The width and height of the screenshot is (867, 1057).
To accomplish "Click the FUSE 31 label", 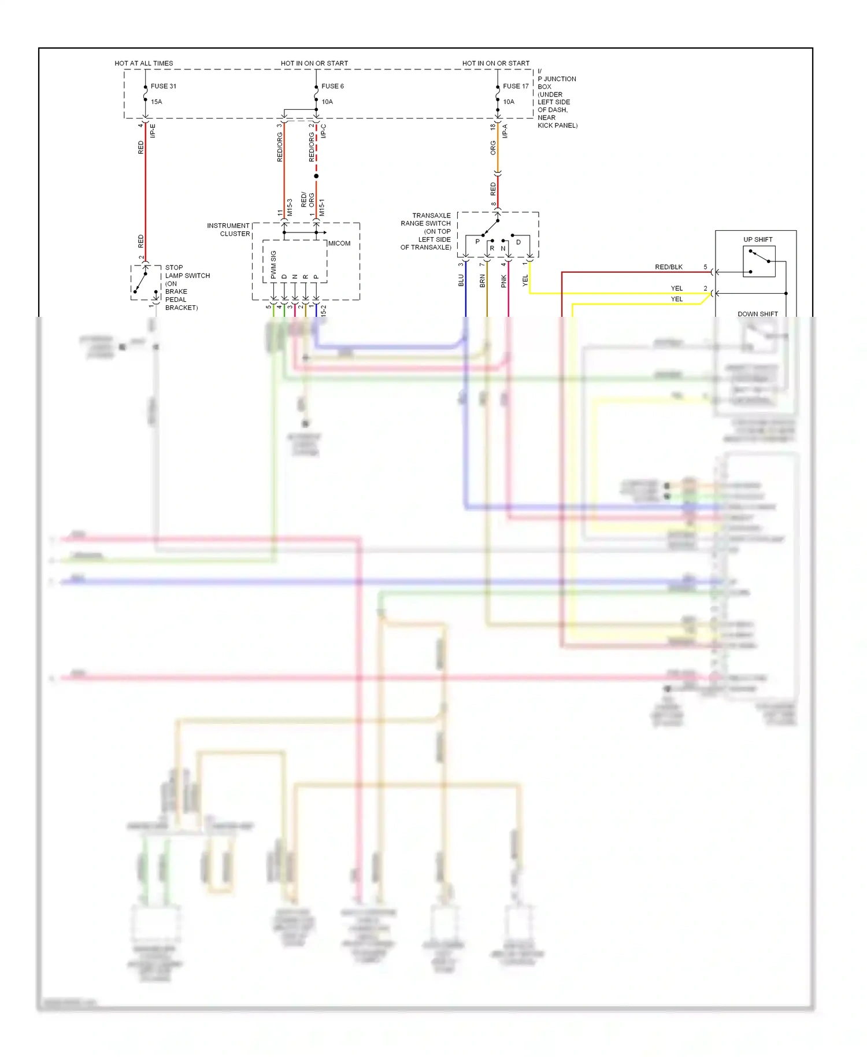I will point(164,86).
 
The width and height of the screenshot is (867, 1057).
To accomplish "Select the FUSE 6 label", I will point(332,86).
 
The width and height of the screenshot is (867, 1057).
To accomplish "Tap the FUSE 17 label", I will point(516,86).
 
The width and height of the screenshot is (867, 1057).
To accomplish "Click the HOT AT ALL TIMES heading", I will point(144,63).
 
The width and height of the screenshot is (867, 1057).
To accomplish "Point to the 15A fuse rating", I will point(157,102).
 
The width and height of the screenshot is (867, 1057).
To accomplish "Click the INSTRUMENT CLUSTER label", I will point(229,230).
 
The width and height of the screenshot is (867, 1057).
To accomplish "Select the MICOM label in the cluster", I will point(339,243).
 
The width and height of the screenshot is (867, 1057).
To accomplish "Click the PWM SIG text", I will point(273,264).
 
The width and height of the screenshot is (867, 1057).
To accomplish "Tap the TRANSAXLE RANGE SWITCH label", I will point(426,231).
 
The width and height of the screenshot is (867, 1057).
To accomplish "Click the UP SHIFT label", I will point(758,239).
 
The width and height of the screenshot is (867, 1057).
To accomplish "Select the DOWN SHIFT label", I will point(758,314).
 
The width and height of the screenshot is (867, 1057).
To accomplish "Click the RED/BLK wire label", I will point(669,267).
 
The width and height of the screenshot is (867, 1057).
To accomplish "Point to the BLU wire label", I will point(461,280).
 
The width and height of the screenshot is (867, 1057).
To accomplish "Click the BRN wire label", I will point(483,281).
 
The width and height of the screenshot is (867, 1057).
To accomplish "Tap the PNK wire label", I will point(503,281).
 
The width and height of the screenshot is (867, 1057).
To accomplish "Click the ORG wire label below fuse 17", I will point(493,148).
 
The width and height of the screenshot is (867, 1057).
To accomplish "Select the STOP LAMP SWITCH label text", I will point(187,287).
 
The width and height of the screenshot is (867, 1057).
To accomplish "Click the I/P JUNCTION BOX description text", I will point(557,98).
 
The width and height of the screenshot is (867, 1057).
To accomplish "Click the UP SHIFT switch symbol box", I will point(759,261).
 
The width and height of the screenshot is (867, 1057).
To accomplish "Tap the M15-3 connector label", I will point(290,208).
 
